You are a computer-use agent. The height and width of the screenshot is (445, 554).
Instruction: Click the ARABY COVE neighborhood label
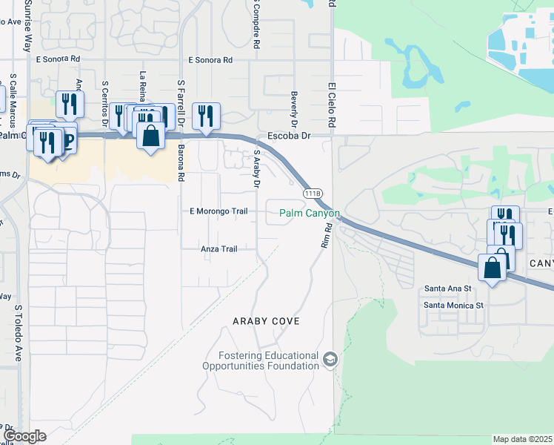click(265, 321)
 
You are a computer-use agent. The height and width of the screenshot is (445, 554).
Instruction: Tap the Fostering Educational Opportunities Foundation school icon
click(330, 360)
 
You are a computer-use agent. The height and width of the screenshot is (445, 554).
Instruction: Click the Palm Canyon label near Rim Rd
click(309, 214)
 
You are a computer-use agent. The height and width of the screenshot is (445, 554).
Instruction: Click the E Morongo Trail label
click(218, 211)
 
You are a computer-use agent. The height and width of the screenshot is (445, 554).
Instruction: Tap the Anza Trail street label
click(219, 249)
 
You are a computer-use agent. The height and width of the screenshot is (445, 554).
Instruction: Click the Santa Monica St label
click(453, 305)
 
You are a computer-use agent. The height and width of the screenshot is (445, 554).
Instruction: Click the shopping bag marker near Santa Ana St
click(493, 268)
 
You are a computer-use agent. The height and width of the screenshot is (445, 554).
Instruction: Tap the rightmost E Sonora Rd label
click(210, 59)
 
